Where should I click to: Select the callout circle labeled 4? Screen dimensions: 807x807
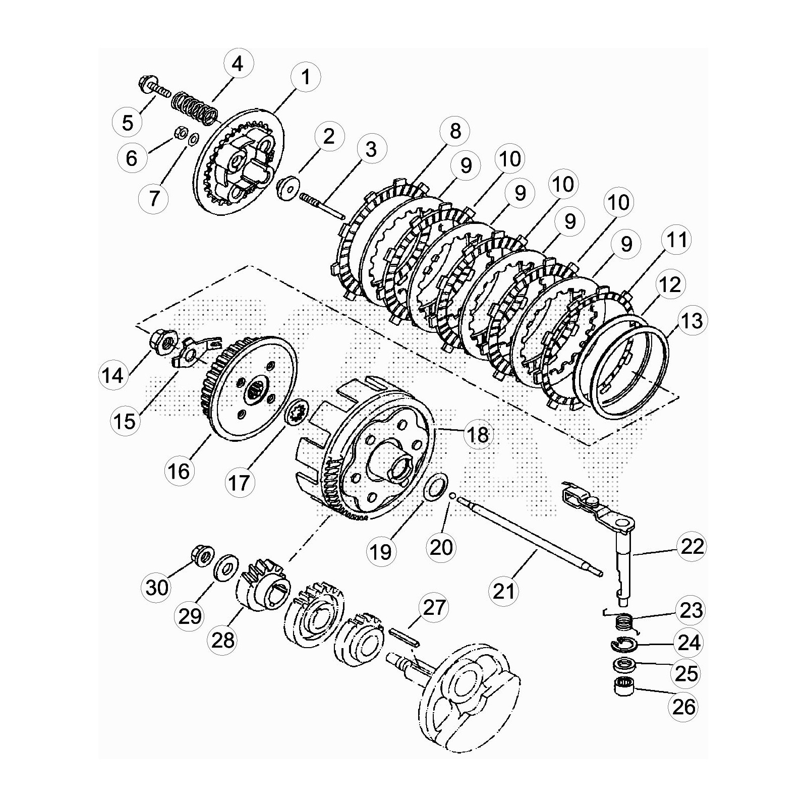[237, 65]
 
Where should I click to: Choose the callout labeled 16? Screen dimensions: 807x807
[179, 472]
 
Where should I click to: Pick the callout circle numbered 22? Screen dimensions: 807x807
[691, 546]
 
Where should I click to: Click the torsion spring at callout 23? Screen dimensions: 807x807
[625, 621]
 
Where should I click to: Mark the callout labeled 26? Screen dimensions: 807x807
[683, 707]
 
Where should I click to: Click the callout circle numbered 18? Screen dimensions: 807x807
[478, 434]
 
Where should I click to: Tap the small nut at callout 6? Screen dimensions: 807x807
[179, 134]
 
